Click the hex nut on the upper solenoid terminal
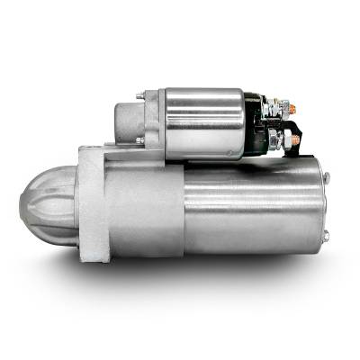coord(278,109)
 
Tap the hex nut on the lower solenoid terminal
coord(280,140)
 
